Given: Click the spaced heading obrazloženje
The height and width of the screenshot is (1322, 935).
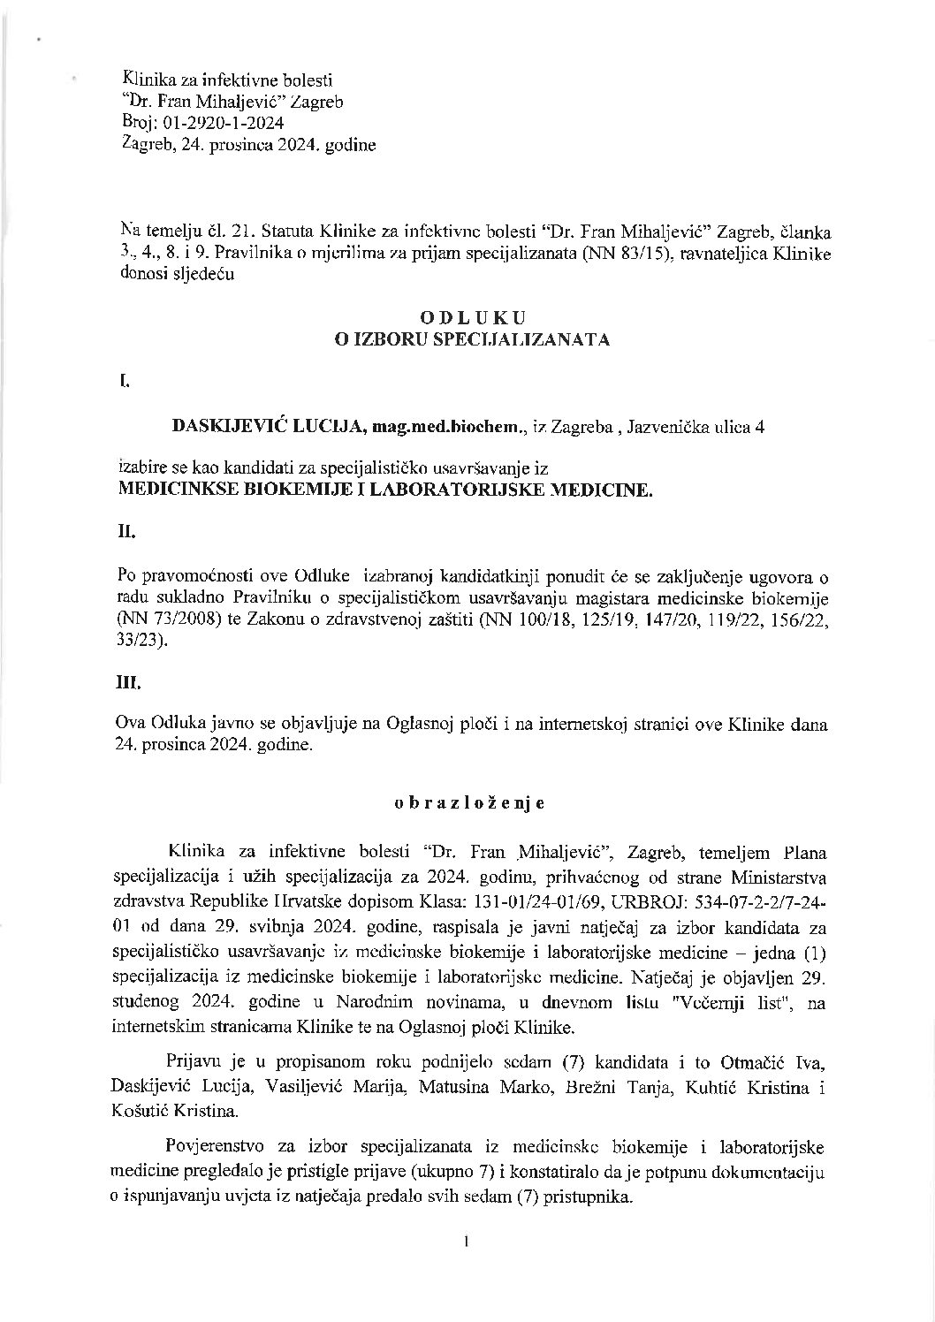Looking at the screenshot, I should (x=467, y=803).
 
